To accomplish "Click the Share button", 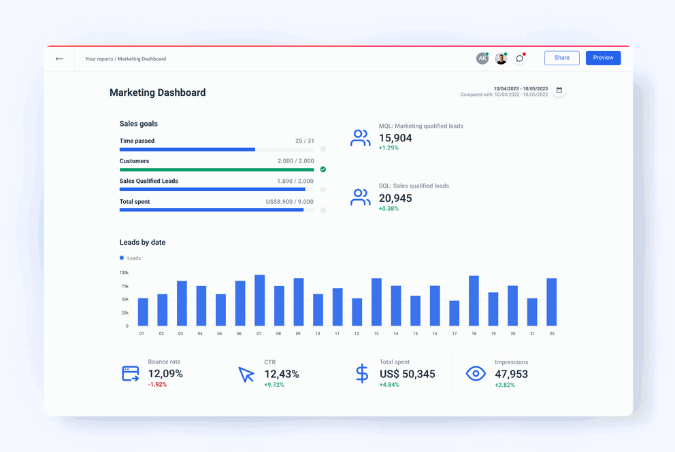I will coord(561,58).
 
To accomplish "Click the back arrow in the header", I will coord(59,59).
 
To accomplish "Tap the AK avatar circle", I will coord(482,58).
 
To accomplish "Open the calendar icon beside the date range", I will coord(559,90).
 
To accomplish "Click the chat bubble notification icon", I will coord(520,58).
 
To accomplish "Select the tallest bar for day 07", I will coord(259,300).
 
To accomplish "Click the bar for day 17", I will coord(454,313).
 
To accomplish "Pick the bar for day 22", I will coord(551,302).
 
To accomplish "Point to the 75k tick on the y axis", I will coord(125,286).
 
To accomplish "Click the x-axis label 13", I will coord(376,334).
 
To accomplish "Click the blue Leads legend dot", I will coord(122,258).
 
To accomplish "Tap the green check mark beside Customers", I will coord(323,169).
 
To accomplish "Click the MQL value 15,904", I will coord(395,138).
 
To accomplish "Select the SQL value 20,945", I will coord(395,198).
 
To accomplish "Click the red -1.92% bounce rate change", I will coord(157,385).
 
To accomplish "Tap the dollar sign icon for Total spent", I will coord(362,373).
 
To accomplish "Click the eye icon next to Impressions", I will coord(476,373).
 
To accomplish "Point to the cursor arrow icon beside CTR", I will coord(246,374).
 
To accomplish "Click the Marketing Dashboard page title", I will coord(157,92).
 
